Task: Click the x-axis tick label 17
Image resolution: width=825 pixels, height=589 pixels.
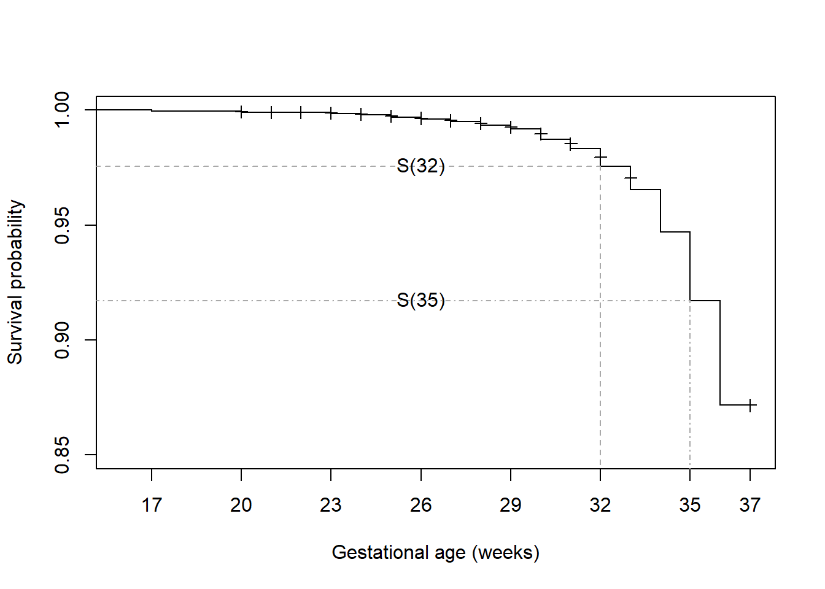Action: [x=152, y=505]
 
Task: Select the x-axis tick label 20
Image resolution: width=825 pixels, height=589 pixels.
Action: [x=241, y=505]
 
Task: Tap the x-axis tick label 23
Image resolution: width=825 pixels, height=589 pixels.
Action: [x=331, y=505]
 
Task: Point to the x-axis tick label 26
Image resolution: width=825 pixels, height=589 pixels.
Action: [x=421, y=505]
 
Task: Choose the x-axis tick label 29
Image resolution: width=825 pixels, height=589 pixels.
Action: [x=511, y=505]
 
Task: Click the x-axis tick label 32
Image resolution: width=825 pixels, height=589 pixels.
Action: [x=600, y=505]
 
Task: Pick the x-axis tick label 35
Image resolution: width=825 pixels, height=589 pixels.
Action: [x=690, y=505]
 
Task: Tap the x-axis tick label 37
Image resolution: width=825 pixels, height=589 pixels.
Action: [x=750, y=505]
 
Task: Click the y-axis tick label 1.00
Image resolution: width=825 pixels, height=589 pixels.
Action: [x=63, y=110]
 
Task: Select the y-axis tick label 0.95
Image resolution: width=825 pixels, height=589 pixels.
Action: [x=63, y=225]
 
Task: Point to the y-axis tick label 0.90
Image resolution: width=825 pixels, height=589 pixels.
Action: [x=63, y=340]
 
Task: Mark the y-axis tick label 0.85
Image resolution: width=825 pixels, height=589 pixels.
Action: [x=63, y=455]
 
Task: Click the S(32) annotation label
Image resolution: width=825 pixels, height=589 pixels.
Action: [x=420, y=166]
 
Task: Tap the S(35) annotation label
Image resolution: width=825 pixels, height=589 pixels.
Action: [x=420, y=300]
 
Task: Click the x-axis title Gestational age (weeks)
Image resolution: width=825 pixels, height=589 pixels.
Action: [x=435, y=553]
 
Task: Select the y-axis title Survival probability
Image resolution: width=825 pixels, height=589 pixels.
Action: [x=15, y=282]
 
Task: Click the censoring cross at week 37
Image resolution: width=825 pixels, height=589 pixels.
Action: [x=750, y=405]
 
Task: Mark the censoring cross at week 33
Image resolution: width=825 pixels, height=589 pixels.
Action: [x=630, y=178]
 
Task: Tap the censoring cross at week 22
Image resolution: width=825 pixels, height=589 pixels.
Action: [x=301, y=112]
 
